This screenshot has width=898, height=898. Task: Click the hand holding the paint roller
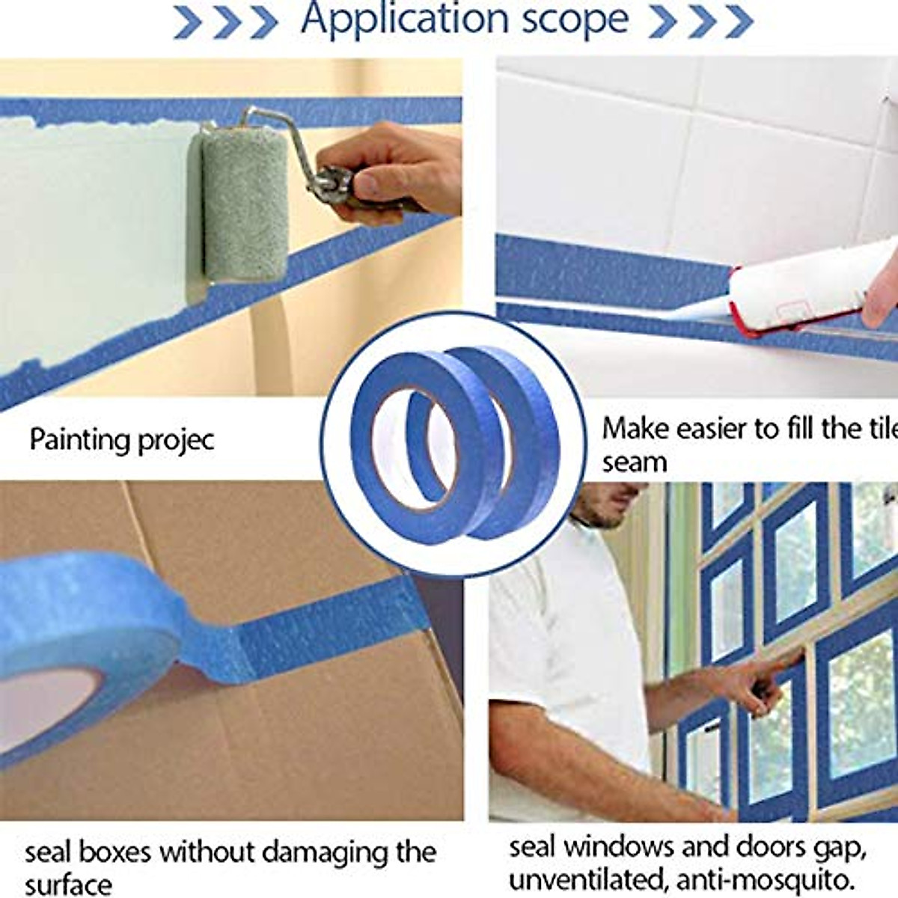tap(389, 172)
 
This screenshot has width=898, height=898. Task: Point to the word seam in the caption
tap(634, 462)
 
